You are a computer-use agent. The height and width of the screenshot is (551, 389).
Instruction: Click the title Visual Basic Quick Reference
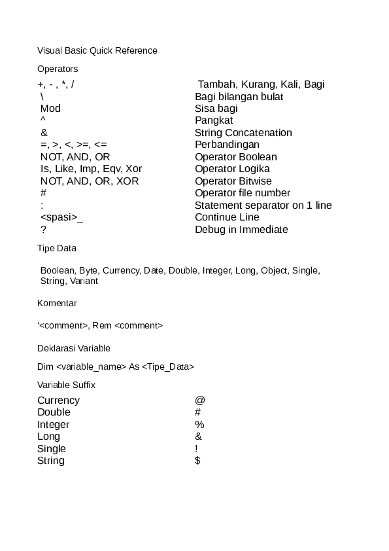[97, 50]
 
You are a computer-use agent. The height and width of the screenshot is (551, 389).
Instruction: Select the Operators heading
[58, 69]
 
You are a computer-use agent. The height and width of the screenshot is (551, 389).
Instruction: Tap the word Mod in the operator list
[50, 109]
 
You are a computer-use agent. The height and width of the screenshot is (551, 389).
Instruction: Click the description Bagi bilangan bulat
[239, 97]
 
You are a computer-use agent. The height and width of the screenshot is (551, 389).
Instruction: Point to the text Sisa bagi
[216, 109]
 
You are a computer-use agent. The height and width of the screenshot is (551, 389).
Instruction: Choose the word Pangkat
[214, 120]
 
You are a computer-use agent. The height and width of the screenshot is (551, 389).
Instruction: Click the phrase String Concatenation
[243, 133]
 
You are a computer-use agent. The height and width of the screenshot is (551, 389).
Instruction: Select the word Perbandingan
[227, 145]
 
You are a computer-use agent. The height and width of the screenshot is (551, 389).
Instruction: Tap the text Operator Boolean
[235, 157]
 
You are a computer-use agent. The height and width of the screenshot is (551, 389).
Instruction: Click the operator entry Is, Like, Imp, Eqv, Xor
[91, 169]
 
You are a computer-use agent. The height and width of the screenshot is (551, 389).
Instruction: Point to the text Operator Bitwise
[233, 181]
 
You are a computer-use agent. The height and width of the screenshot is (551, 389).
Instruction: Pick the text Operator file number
[243, 193]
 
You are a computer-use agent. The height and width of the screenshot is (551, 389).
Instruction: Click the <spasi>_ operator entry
[61, 217]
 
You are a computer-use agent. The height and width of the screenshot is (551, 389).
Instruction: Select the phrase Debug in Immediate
[241, 230]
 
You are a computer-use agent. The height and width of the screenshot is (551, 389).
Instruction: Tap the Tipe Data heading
[57, 249]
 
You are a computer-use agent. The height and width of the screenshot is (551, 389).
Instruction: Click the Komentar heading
[57, 304]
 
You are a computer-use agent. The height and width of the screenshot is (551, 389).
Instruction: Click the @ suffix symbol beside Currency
[199, 400]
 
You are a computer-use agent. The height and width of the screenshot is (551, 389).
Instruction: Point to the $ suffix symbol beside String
[197, 461]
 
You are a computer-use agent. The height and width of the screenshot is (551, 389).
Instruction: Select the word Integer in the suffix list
[53, 425]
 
